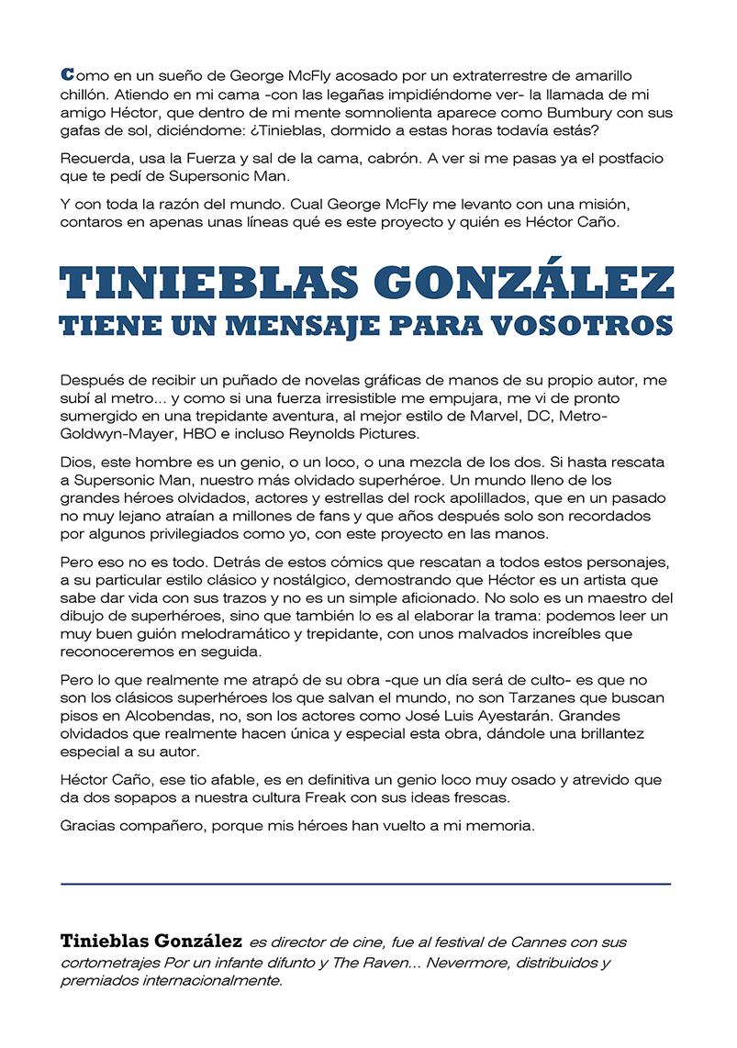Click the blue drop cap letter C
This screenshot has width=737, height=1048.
pos(66,72)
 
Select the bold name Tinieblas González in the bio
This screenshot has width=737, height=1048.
pos(151,942)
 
